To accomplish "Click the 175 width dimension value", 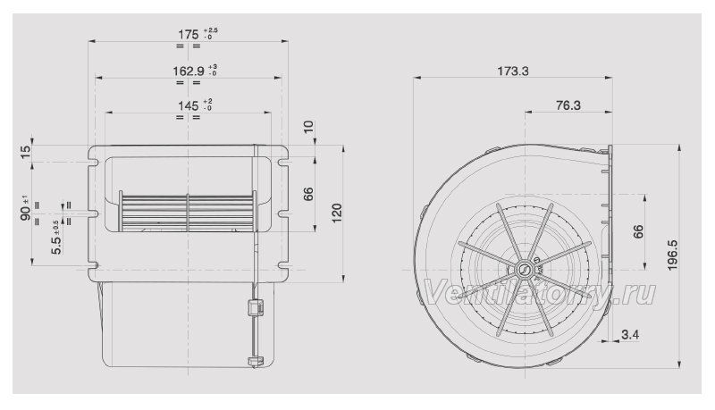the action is point(189,35).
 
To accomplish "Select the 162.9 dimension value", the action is point(189,71).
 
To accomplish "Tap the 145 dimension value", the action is point(189,106).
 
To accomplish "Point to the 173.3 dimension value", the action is point(512,71).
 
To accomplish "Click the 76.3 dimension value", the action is point(568,105).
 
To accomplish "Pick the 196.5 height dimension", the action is point(673,255).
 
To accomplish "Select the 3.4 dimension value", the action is point(630,335).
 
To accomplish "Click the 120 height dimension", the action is point(337,213).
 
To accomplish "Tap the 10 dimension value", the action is point(309,127).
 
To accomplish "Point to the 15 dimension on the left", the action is point(26,153).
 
